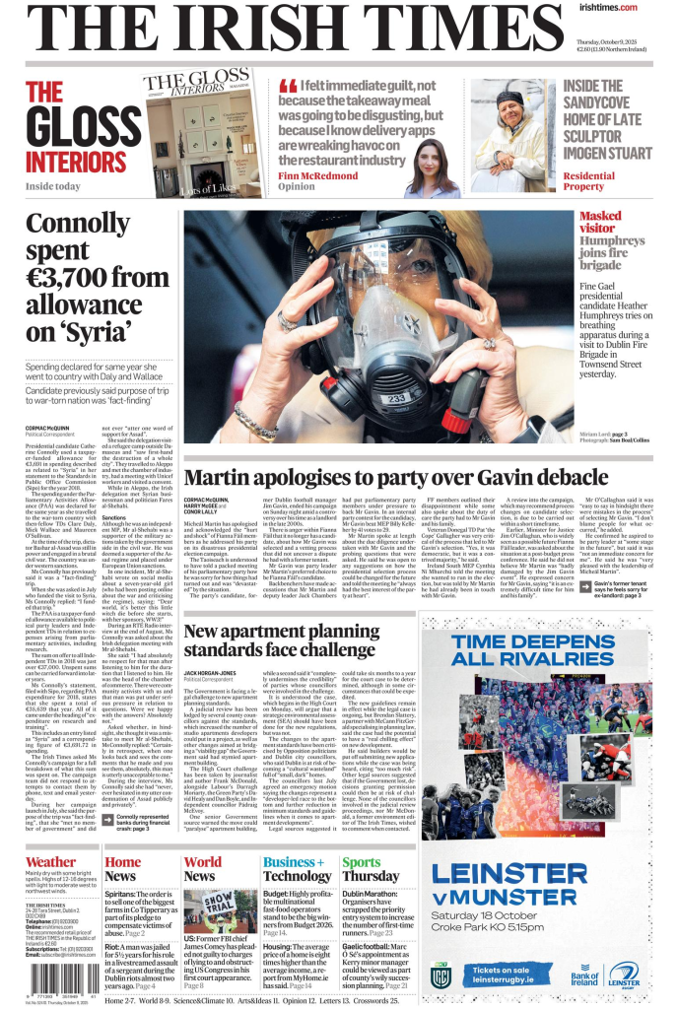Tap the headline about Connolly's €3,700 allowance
click(x=97, y=277)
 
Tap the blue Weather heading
click(x=50, y=861)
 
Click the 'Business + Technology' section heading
click(x=297, y=868)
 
